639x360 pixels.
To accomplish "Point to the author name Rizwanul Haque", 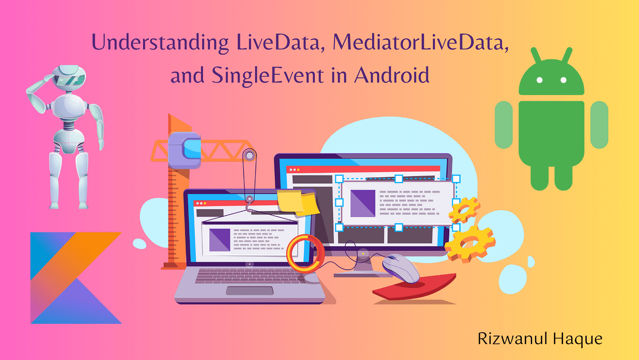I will [540, 339].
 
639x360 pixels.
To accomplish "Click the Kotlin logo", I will [71, 278].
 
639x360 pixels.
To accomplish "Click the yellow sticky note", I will [296, 202].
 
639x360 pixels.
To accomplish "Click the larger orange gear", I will [470, 243].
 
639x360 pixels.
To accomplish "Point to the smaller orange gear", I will [464, 210].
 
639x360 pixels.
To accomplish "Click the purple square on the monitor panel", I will [362, 203].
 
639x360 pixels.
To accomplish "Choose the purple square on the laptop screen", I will [219, 240].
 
